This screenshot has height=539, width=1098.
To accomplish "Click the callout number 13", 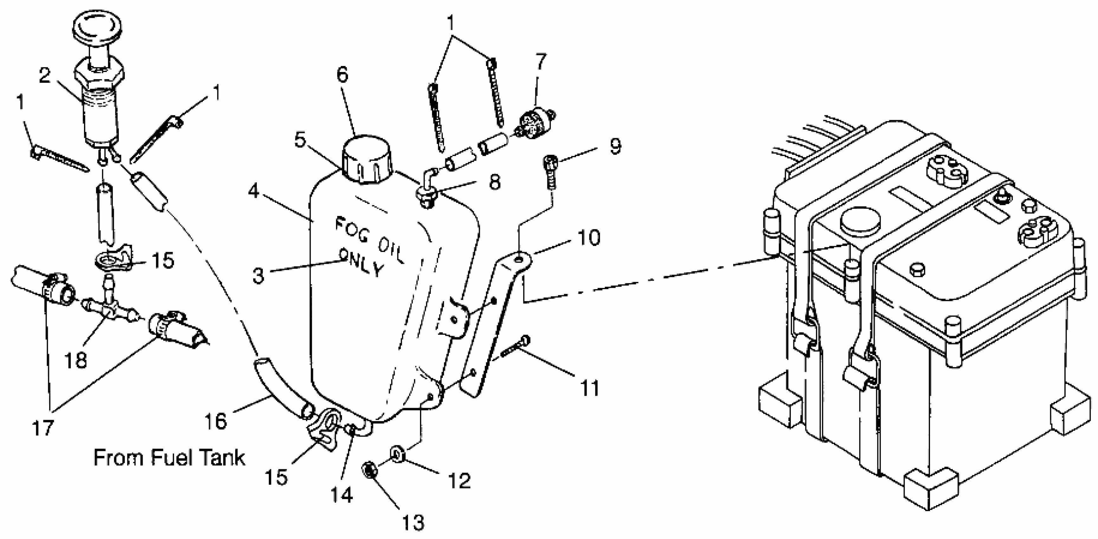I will pyautogui.click(x=413, y=522).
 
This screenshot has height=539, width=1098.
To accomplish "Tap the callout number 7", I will pyautogui.click(x=540, y=62).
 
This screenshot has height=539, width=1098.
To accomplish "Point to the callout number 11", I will pyautogui.click(x=590, y=388).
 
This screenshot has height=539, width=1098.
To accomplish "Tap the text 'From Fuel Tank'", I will pyautogui.click(x=169, y=458).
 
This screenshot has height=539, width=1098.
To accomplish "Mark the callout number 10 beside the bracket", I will pyautogui.click(x=590, y=237).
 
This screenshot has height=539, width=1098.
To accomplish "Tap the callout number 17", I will pyautogui.click(x=42, y=428).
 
